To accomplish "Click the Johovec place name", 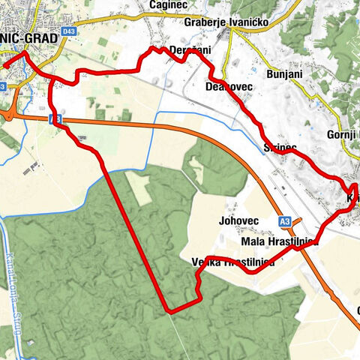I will [x=239, y=221].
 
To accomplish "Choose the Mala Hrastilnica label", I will [x=280, y=242].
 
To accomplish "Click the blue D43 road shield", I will [x=70, y=31].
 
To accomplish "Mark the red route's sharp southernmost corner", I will [x=169, y=309].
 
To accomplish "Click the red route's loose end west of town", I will [x=3, y=65].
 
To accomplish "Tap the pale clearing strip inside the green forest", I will [x=138, y=187].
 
